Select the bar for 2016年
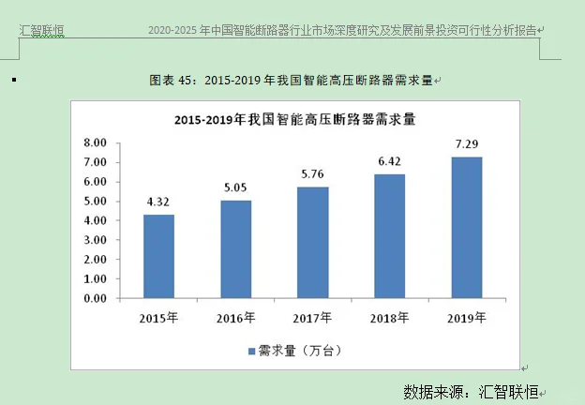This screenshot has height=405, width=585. pos(235,249)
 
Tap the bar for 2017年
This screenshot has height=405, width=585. pos(312,243)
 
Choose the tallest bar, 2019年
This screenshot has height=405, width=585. pos(467,228)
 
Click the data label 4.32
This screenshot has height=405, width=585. pos(158,202)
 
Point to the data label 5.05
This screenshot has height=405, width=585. pos(235,187)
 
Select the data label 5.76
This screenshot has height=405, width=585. pos(312,173)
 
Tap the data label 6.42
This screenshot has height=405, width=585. pos(389,161)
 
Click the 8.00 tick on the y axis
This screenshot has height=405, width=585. pos(95,143)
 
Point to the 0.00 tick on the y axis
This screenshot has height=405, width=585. pos(95,299)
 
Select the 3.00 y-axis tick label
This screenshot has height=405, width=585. pos(95,241)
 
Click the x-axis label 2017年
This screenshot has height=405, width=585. pos(312,318)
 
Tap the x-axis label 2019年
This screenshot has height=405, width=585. pos(467,318)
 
